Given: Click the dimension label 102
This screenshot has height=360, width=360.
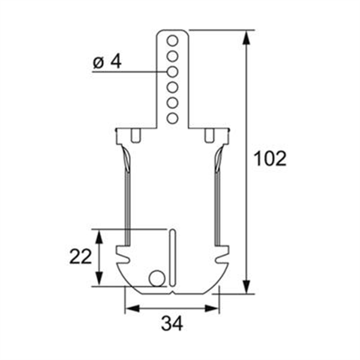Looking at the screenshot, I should (x=270, y=158).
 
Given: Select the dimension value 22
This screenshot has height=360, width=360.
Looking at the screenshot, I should (x=80, y=256).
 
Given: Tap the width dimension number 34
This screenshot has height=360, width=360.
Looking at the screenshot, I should (x=172, y=324).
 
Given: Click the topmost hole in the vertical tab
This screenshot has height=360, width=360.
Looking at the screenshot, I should (x=172, y=41).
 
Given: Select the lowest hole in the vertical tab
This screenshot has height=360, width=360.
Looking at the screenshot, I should (x=172, y=118).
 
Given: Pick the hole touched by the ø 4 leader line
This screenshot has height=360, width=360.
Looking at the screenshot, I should (x=172, y=72).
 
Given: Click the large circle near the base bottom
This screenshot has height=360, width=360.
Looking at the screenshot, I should (x=157, y=278).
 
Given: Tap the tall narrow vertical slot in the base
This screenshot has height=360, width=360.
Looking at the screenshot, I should (x=172, y=258).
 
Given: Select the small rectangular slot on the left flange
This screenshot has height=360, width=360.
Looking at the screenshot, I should (x=136, y=135).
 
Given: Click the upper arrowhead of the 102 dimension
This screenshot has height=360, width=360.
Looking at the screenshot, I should (x=246, y=37).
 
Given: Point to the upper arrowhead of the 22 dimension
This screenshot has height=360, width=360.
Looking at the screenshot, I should (x=100, y=235).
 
